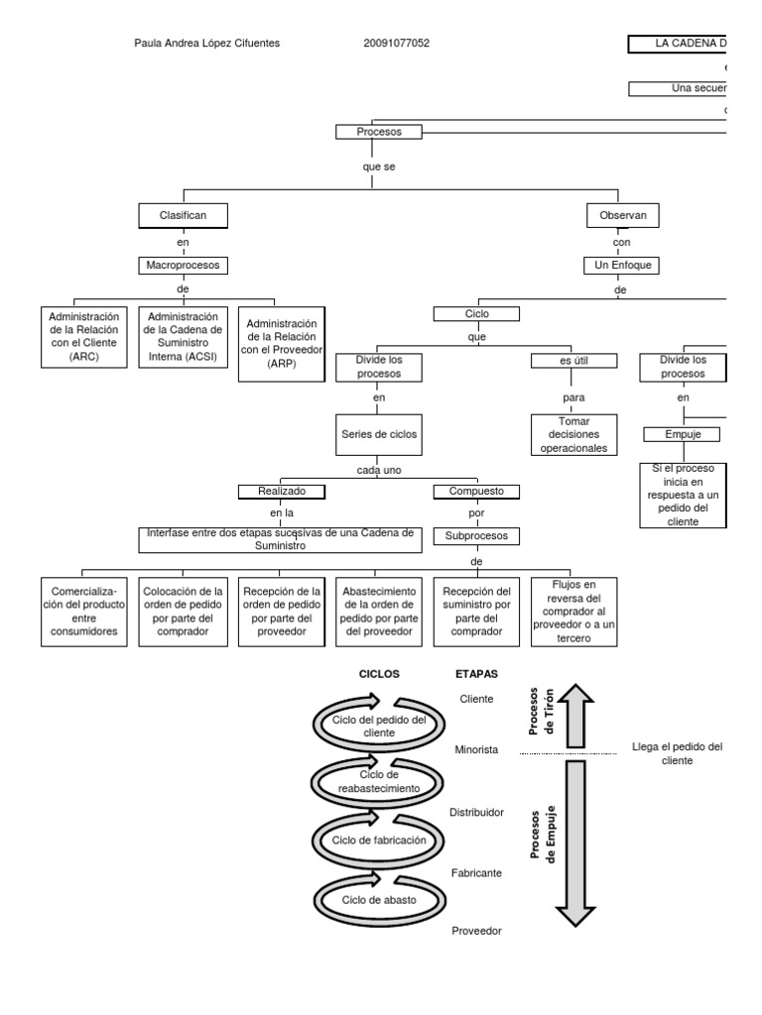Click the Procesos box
coord(377,132)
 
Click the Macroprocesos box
coord(185,266)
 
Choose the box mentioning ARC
coord(84,337)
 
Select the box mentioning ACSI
coord(183,337)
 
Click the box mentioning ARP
coord(282,343)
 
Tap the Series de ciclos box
coord(380,434)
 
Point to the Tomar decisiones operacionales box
coord(574,435)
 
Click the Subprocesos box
coord(476,536)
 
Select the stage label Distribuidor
coord(476,812)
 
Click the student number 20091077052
coord(397,44)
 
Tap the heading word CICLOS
coord(378,673)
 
